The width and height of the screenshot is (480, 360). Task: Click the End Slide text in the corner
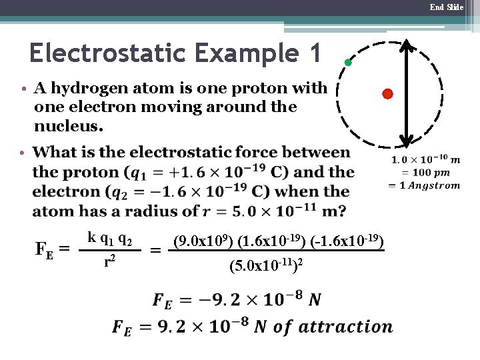tap(446, 7)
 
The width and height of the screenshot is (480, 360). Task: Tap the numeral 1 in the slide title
tap(313, 53)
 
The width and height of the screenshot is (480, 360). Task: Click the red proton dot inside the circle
tap(387, 94)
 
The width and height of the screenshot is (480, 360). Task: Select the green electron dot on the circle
tap(347, 63)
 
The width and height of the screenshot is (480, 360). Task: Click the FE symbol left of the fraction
tap(45, 249)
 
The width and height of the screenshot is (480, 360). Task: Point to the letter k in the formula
tap(91, 237)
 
